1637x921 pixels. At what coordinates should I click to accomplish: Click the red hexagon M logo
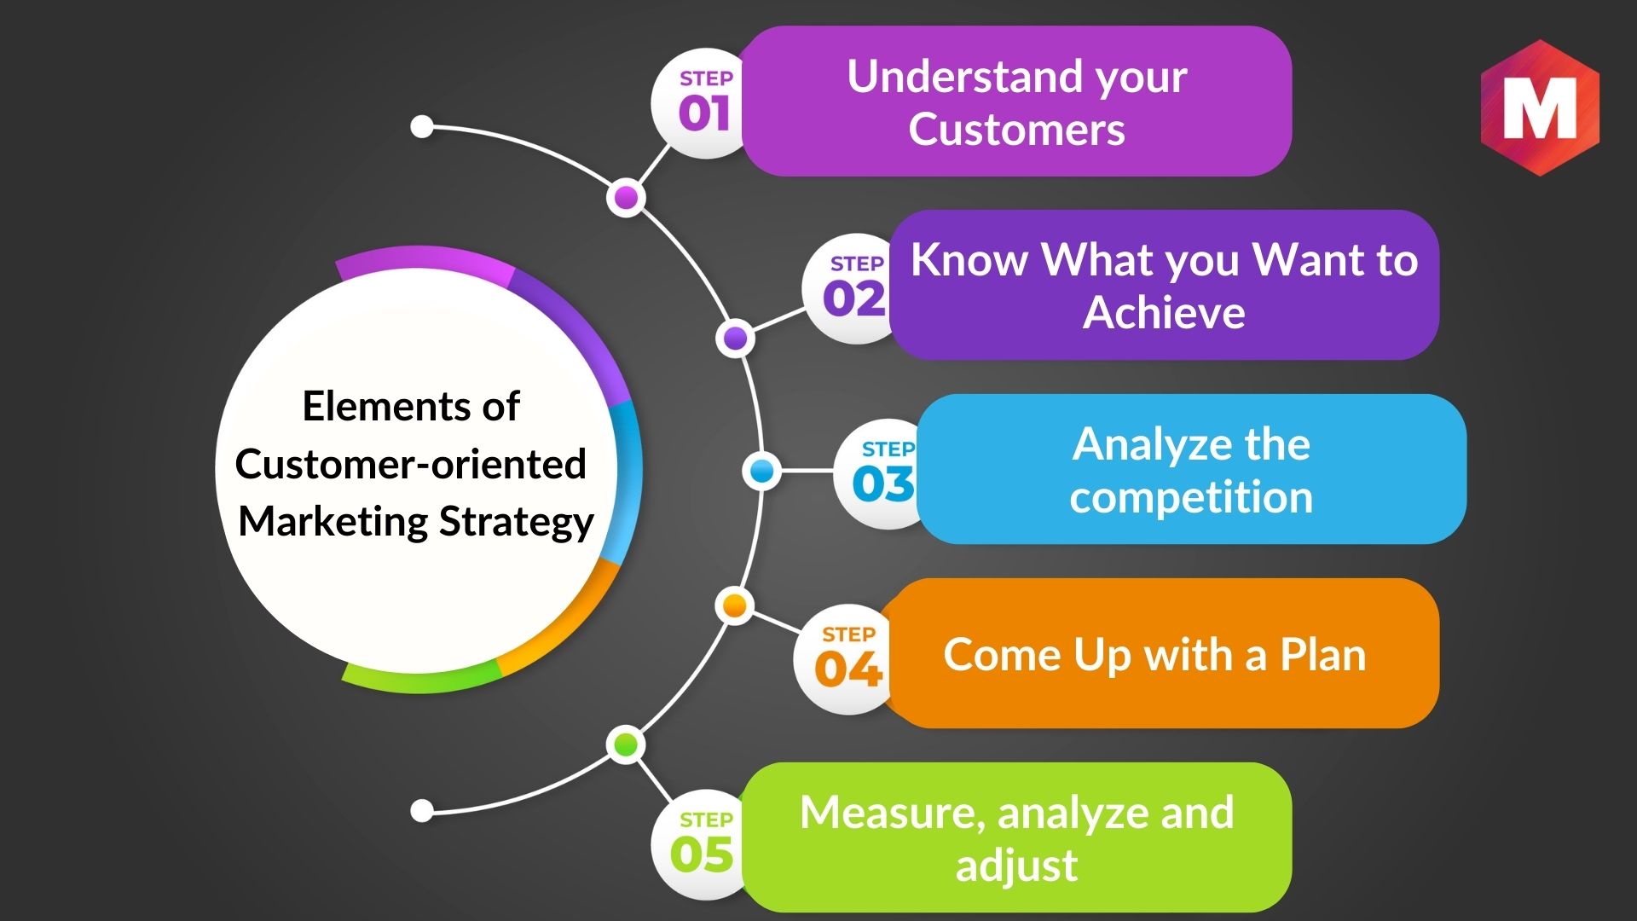point(1540,107)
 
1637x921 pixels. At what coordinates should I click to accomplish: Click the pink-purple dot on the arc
point(627,198)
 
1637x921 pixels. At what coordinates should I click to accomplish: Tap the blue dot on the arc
point(761,471)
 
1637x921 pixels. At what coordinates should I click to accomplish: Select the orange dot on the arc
point(734,605)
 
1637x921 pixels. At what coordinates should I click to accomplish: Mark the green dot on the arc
point(627,744)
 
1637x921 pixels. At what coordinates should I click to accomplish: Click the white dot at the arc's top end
point(422,127)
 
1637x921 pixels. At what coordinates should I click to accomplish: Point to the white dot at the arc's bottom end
point(422,810)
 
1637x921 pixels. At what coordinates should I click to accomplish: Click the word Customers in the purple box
point(1016,130)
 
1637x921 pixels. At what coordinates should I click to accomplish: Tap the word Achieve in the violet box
point(1164,312)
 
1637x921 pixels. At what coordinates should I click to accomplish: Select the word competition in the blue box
point(1191,497)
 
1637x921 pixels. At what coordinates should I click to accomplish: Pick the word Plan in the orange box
point(1323,655)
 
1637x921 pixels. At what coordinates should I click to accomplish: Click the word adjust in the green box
point(1016,866)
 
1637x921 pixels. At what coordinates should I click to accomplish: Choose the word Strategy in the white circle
point(517,523)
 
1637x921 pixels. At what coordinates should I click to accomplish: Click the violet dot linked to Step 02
point(735,339)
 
